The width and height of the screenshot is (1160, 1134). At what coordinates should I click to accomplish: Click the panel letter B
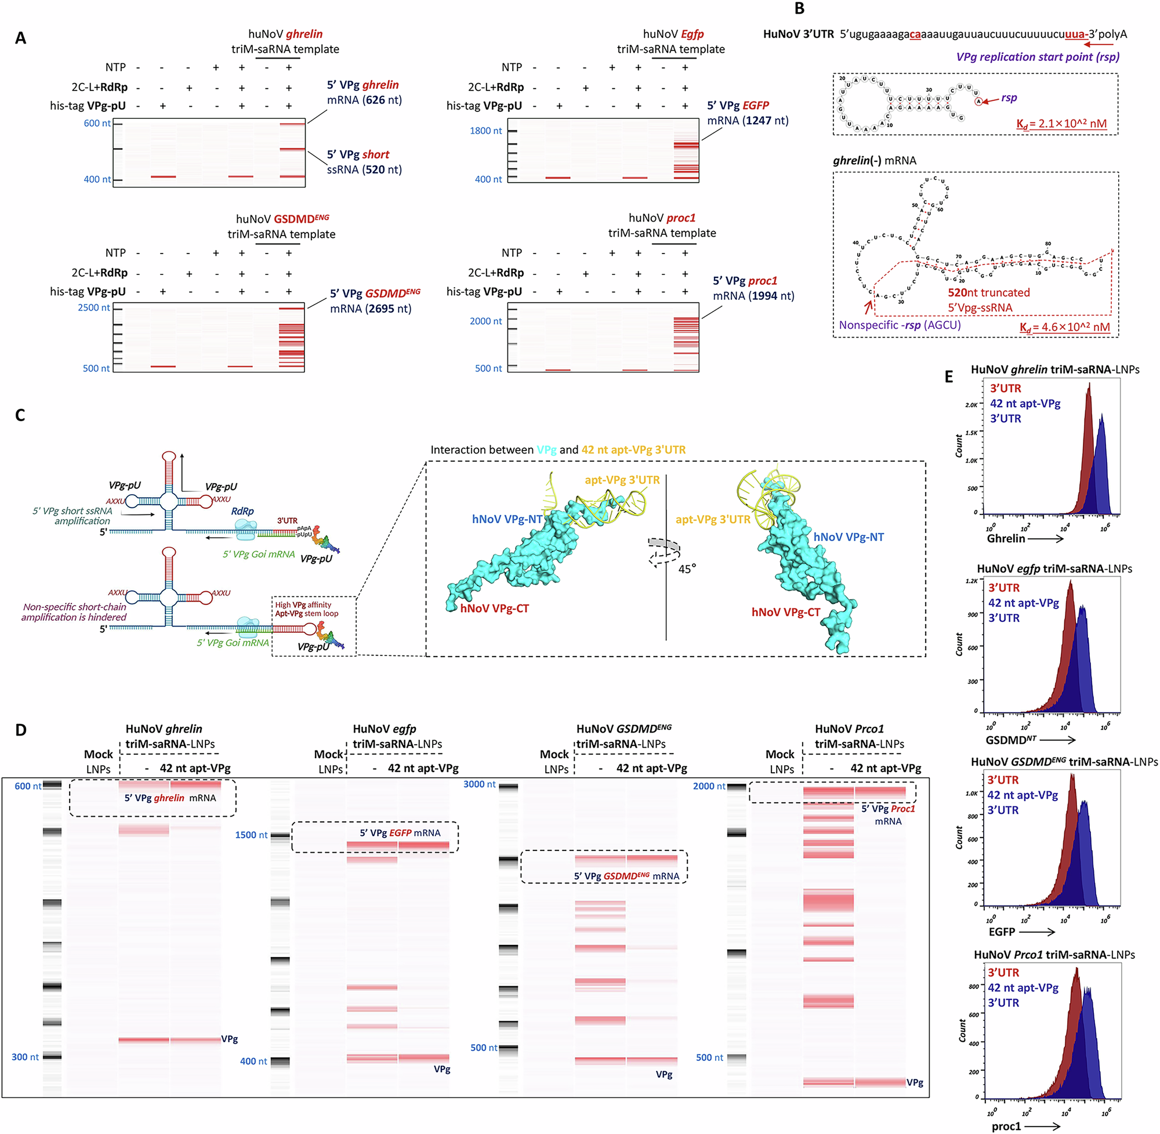point(799,8)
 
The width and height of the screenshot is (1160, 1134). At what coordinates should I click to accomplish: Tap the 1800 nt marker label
point(486,131)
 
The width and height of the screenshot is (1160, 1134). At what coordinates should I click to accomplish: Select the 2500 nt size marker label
point(94,307)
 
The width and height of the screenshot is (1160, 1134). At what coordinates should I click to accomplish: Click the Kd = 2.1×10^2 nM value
point(1061,124)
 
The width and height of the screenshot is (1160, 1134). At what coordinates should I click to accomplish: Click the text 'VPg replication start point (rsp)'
point(1038,57)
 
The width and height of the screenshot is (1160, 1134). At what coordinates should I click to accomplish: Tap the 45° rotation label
point(687,569)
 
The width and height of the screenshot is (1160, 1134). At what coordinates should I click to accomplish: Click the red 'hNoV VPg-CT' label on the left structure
point(494,608)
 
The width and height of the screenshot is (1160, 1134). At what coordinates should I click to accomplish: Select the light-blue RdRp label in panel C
point(242,511)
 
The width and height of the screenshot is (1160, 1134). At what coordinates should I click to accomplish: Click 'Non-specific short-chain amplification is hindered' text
point(74,612)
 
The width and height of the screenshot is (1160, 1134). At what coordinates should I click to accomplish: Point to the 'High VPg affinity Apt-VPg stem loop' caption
point(306,608)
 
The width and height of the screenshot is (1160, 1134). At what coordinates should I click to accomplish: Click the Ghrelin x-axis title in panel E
point(1006,538)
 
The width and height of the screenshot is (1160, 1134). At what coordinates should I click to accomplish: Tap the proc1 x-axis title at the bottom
point(1006,1126)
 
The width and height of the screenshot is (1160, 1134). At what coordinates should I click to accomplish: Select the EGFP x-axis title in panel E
point(1002,932)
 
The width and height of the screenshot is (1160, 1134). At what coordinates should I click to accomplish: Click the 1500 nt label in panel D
point(251,835)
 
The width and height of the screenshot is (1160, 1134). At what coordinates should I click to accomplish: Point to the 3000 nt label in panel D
point(478,784)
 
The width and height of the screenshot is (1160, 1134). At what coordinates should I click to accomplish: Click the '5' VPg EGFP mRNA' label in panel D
point(400,832)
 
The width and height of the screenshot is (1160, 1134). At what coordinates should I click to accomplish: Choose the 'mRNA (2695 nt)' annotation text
point(371,309)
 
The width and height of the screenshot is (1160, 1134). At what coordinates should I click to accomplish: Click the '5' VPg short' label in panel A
point(358,154)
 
